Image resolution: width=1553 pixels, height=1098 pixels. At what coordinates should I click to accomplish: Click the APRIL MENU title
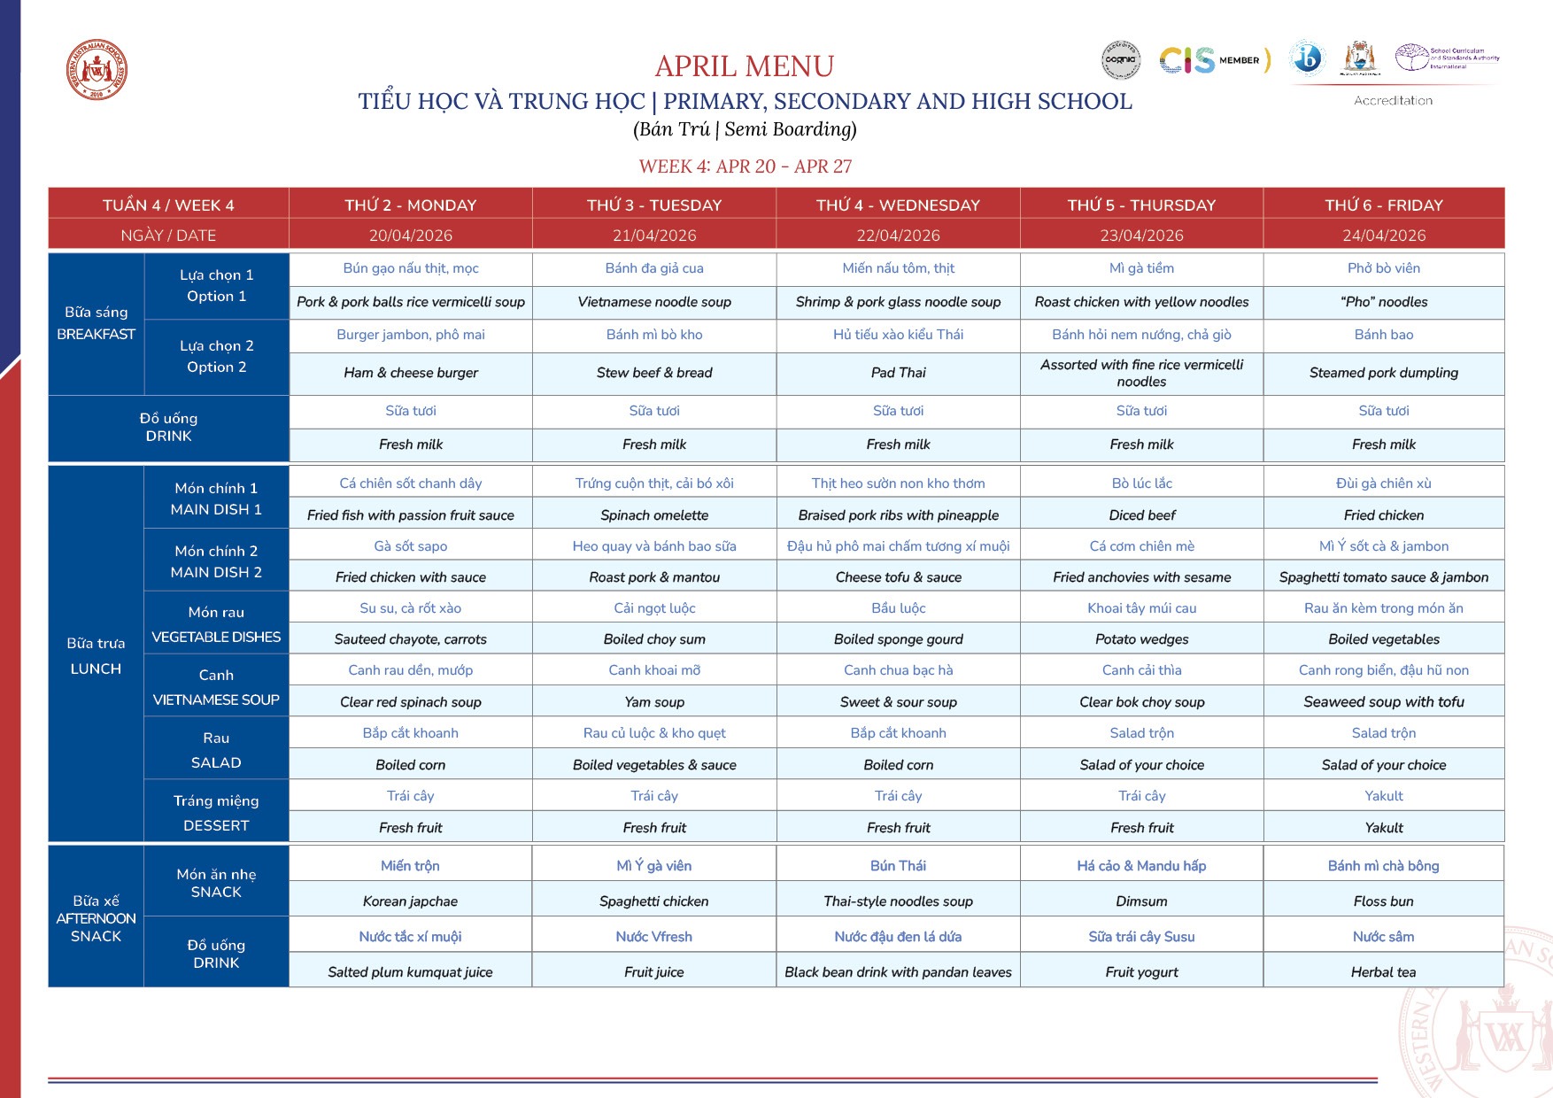click(x=744, y=66)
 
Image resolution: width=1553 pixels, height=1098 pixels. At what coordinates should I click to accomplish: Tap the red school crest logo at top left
click(x=97, y=71)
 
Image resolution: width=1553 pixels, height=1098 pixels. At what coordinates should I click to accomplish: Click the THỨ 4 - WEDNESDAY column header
click(x=898, y=205)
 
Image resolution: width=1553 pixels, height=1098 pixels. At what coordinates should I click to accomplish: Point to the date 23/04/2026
click(x=1141, y=236)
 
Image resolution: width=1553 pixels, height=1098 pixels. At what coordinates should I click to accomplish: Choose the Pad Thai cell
click(x=898, y=373)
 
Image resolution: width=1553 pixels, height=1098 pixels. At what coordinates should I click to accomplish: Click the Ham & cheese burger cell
click(x=410, y=373)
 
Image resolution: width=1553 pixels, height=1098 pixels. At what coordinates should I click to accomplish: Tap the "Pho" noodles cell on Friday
click(x=1383, y=302)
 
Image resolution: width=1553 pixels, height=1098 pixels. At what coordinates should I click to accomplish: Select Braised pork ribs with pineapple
click(x=898, y=515)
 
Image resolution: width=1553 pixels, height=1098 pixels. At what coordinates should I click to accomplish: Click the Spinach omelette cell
click(x=654, y=515)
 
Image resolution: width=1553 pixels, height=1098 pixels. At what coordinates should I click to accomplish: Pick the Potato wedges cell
click(x=1141, y=639)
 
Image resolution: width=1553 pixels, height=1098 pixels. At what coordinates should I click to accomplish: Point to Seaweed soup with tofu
click(x=1383, y=702)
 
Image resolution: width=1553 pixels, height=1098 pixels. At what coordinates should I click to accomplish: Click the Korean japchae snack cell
click(x=410, y=901)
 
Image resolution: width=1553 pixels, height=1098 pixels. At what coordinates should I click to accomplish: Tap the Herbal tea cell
click(x=1383, y=972)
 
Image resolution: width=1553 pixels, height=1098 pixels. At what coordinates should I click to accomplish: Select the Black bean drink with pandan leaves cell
click(x=898, y=972)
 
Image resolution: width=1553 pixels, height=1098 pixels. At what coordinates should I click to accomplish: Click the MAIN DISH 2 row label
click(x=216, y=561)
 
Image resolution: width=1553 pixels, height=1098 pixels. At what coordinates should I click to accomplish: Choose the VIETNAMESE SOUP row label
click(x=216, y=687)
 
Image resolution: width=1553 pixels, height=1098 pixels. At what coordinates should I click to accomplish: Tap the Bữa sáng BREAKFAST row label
click(x=96, y=323)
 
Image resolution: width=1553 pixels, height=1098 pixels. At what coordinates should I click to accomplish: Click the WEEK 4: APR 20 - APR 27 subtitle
click(x=745, y=166)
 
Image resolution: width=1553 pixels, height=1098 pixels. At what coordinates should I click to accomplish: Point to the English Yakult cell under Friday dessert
click(x=1383, y=828)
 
